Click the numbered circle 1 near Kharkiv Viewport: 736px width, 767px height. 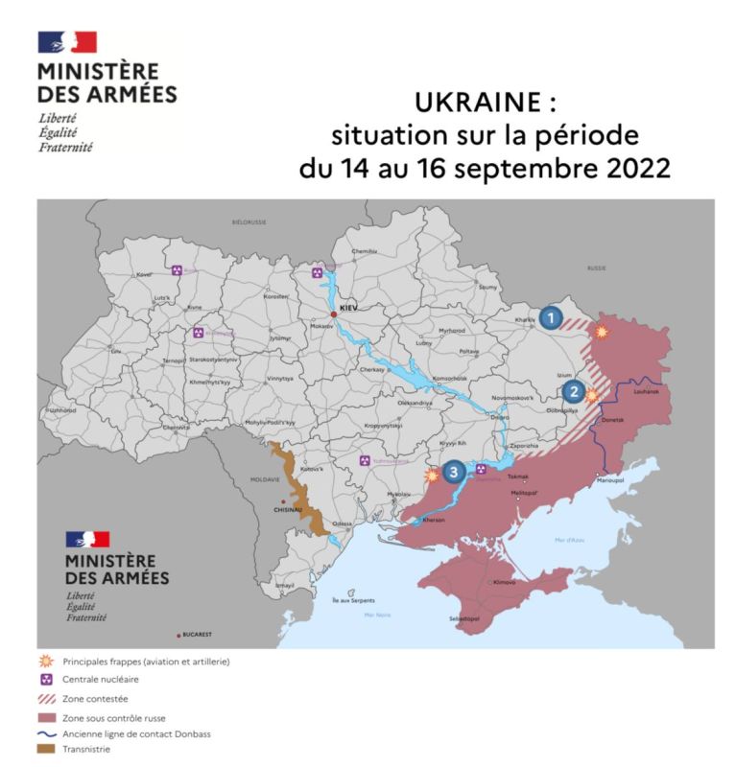point(551,318)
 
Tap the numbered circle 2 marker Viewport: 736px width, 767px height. point(573,390)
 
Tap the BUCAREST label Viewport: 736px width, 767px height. point(199,636)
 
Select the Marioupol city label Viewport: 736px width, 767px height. point(610,478)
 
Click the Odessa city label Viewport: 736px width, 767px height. point(343,523)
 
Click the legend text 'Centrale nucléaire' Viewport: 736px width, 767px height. point(100,680)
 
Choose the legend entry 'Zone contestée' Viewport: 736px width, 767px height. point(95,699)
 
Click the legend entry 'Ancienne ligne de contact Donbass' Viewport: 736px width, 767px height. point(137,733)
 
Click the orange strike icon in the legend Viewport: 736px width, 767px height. point(45,662)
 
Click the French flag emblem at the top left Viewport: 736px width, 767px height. point(66,42)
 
